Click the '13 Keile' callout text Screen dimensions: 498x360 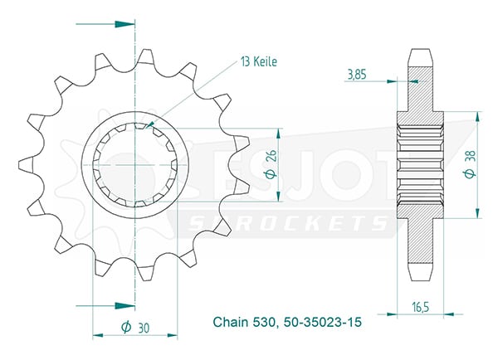[259, 61]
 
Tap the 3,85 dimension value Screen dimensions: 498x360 [357, 75]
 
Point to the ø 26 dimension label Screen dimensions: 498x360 [271, 163]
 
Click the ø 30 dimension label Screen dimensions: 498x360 [135, 328]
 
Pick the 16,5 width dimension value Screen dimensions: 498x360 [421, 307]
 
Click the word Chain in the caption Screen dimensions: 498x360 [231, 322]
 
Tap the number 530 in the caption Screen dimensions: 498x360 [263, 322]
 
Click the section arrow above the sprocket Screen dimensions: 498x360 [105, 24]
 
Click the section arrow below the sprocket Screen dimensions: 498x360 [105, 306]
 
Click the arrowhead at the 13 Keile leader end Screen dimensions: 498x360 [150, 124]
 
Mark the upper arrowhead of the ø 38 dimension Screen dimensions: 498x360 [477, 117]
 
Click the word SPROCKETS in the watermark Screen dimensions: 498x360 [287, 223]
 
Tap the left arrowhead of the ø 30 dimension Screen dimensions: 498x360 [98, 335]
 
